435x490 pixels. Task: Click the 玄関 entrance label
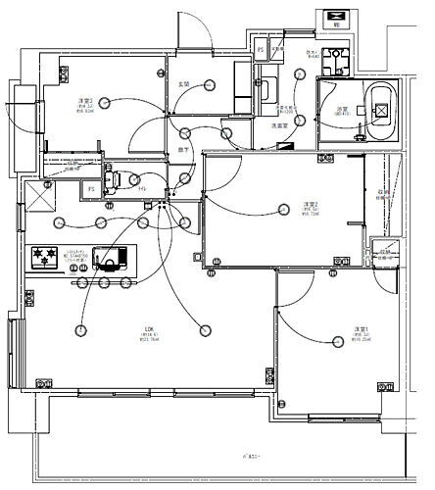[182, 84]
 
